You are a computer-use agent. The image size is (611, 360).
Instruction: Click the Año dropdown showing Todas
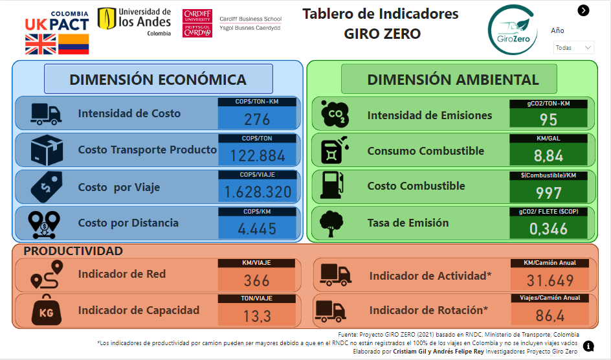click(x=573, y=47)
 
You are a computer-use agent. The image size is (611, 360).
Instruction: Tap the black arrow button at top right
click(x=583, y=10)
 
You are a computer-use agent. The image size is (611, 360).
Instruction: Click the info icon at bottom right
click(x=588, y=346)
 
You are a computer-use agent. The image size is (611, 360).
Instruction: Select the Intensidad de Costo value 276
click(x=257, y=119)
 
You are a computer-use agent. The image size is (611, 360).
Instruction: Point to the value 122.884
click(x=258, y=156)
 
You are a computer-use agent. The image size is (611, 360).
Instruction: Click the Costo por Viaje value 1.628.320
click(x=258, y=192)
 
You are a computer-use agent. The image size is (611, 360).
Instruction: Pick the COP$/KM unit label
click(x=257, y=212)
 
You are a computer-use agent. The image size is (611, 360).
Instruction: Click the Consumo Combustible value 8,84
click(x=548, y=156)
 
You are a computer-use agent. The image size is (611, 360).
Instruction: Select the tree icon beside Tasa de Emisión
click(x=331, y=223)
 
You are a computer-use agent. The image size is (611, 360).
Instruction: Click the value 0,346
click(x=548, y=229)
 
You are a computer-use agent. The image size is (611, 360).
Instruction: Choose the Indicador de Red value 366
click(x=257, y=280)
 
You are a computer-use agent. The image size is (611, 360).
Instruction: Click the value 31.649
click(x=550, y=280)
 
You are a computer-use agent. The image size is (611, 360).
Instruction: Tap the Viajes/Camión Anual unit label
click(x=550, y=298)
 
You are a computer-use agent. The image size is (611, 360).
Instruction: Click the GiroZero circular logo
click(x=513, y=30)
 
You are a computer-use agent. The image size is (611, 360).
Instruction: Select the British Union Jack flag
click(x=41, y=44)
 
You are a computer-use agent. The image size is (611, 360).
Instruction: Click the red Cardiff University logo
click(x=197, y=23)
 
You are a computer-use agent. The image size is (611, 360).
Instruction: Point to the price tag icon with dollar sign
click(x=47, y=186)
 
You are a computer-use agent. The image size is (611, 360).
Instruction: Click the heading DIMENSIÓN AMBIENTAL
click(x=453, y=80)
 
